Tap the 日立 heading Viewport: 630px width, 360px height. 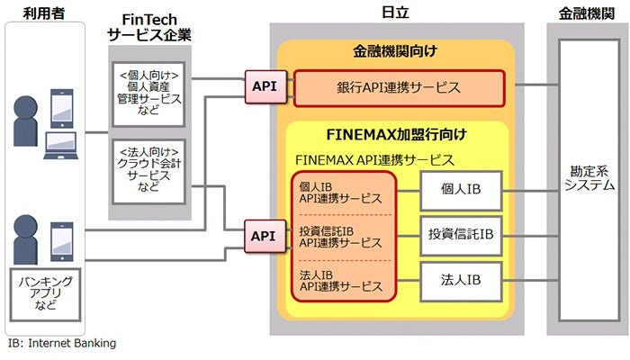396,13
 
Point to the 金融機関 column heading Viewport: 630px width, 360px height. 589,13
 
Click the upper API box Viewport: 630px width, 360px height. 264,87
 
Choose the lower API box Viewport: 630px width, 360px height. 264,236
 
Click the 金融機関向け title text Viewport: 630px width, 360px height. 396,53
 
